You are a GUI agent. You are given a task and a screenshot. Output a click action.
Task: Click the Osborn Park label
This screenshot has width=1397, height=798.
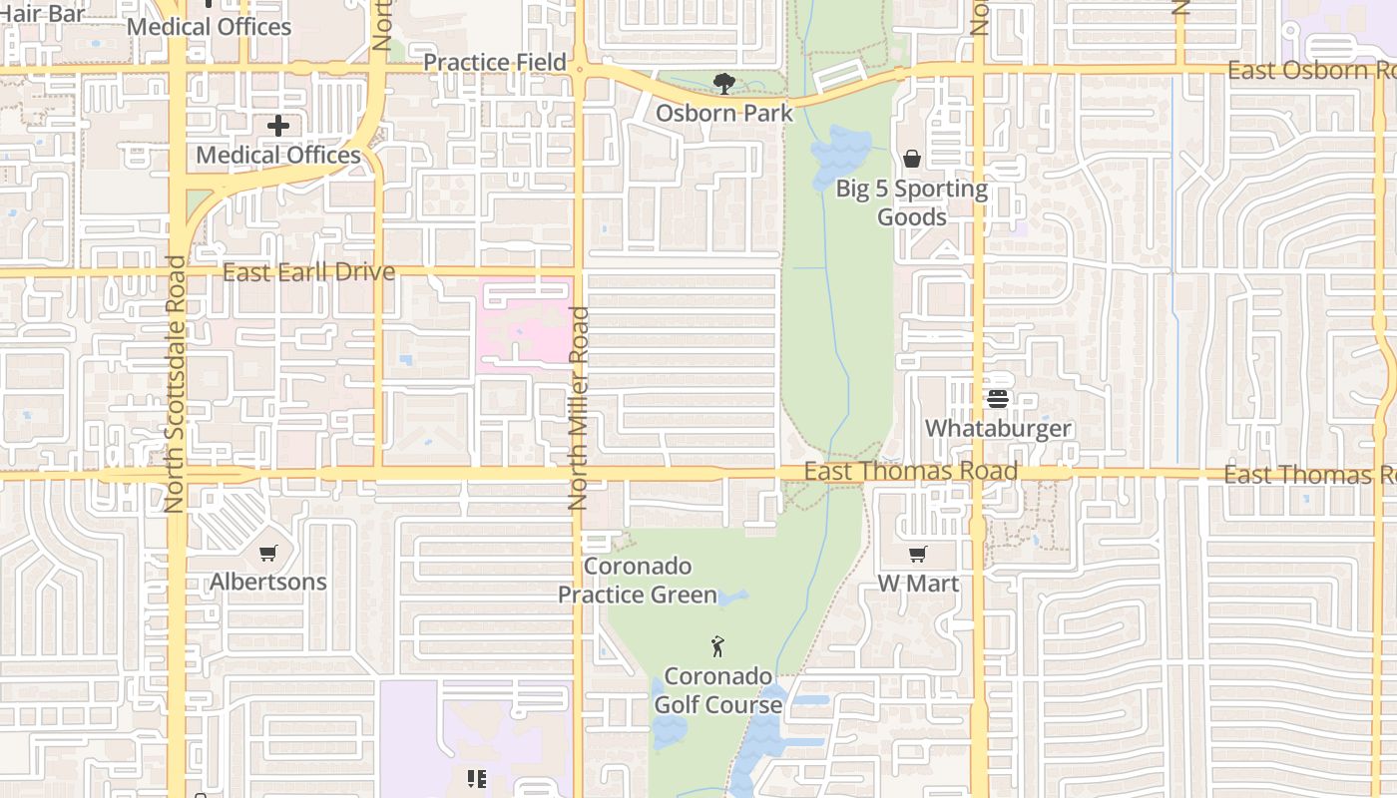pos(724,113)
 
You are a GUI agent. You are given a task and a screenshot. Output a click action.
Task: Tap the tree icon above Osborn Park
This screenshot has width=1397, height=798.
pos(724,84)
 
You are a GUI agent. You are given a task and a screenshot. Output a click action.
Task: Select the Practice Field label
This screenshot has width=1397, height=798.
pos(495,62)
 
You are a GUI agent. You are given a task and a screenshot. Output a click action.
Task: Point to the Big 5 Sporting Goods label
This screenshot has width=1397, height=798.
pos(911,202)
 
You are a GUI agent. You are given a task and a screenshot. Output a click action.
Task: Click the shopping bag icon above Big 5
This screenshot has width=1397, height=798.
pos(911,159)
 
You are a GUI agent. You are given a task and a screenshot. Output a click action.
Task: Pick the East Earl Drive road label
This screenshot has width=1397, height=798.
pos(308,272)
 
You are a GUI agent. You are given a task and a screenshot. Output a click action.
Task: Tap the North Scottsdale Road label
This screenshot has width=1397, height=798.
pos(175,384)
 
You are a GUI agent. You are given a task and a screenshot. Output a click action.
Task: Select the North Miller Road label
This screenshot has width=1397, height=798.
pos(579,408)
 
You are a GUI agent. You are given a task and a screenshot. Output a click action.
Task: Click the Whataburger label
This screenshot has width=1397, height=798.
pos(998,428)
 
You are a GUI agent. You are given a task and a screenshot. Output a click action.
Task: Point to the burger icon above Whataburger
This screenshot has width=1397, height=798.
pos(998,399)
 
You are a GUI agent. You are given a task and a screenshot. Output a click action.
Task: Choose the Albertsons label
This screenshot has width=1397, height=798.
pos(268,582)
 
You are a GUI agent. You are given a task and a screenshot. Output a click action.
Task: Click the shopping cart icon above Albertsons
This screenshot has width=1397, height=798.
pos(267,553)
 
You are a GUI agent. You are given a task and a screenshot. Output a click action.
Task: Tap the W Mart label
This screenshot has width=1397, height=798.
pos(918,584)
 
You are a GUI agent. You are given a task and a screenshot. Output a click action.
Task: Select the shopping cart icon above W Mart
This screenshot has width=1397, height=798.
pos(918,554)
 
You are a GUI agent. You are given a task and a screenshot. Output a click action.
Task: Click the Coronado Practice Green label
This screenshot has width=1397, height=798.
pos(638,581)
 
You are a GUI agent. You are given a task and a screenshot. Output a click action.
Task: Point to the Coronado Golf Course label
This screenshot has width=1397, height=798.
pos(718,690)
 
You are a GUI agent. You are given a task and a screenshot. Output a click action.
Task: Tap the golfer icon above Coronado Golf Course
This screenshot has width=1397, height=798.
pos(717,646)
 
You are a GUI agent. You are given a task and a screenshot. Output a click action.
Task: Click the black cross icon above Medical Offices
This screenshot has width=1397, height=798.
pos(278,126)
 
